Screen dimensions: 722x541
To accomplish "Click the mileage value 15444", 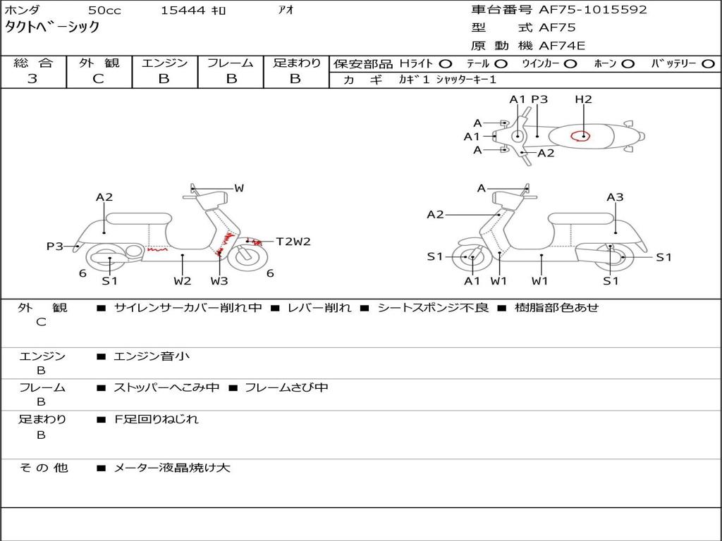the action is tap(183, 11).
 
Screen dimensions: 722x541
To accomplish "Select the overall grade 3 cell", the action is tap(32, 79).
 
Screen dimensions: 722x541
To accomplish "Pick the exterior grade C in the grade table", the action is tap(99, 79).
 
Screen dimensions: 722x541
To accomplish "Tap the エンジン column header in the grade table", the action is tap(164, 63).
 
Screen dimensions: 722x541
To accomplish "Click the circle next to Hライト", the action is tap(446, 63).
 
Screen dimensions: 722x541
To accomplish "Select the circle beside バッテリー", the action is tap(708, 63).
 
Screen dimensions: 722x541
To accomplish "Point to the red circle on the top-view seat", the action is tap(582, 135).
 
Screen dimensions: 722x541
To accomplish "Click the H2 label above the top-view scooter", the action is tap(583, 99).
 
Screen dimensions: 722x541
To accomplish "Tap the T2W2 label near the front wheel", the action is tap(293, 242).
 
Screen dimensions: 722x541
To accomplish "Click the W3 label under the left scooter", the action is tap(219, 281).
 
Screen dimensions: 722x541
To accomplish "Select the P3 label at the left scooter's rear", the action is tap(55, 246).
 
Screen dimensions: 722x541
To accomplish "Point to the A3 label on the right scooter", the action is tap(615, 197).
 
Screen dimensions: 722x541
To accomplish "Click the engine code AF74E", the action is tap(562, 46).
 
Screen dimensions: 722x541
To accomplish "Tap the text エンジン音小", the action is tap(152, 356).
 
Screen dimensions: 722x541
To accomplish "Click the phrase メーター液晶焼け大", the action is tap(172, 467).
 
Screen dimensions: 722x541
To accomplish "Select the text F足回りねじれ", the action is tap(157, 419).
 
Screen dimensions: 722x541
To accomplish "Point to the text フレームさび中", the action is tap(286, 387).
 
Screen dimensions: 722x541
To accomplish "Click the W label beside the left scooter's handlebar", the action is tap(239, 188).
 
